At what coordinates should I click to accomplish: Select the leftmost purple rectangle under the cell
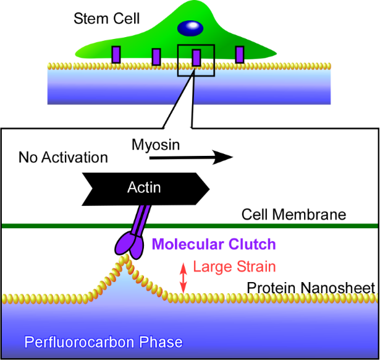coord(116,54)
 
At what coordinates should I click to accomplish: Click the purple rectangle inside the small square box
coord(196,58)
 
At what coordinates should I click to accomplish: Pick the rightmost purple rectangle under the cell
coord(239,54)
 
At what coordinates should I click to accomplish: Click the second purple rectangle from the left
coord(156,57)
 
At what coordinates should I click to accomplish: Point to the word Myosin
coord(156,145)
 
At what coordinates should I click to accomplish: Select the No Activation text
coord(63,157)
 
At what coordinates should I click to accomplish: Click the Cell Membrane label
coord(293,215)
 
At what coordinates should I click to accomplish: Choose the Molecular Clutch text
coord(214,244)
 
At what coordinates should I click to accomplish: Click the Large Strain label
coord(234,267)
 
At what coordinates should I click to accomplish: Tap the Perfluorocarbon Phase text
coord(103,341)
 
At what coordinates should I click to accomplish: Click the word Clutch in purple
coord(254,244)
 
